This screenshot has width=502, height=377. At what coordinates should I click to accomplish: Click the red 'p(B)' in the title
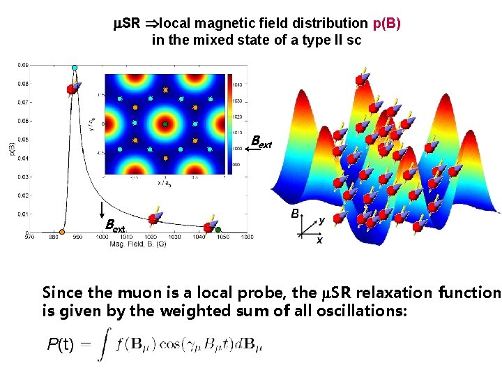click(387, 24)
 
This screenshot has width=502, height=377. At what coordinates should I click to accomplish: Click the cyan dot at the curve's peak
click(75, 68)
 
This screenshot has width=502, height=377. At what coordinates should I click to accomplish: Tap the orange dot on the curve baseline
click(62, 232)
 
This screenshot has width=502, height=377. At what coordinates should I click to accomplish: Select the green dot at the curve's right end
click(218, 230)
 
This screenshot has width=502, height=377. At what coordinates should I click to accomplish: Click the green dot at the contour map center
click(165, 124)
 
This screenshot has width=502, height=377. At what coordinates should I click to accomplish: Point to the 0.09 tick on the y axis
click(23, 65)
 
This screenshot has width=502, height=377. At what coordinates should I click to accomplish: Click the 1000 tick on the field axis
click(102, 237)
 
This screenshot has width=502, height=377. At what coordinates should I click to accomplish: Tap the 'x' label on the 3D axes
click(319, 240)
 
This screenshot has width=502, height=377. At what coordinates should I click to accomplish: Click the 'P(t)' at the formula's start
click(63, 343)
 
